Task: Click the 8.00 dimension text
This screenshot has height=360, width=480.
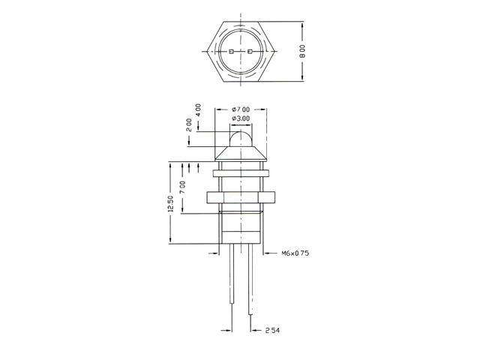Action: (302, 51)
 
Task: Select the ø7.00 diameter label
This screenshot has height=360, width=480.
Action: (241, 109)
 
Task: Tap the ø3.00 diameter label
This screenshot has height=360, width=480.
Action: (241, 118)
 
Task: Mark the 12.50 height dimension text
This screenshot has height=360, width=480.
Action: (171, 203)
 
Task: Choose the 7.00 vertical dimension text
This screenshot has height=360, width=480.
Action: (184, 185)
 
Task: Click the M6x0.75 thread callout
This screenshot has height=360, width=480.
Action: (295, 253)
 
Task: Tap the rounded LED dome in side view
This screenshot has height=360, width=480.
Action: (240, 138)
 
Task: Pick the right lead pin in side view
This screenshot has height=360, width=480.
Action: (250, 292)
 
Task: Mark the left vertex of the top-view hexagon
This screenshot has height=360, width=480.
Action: (204, 52)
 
